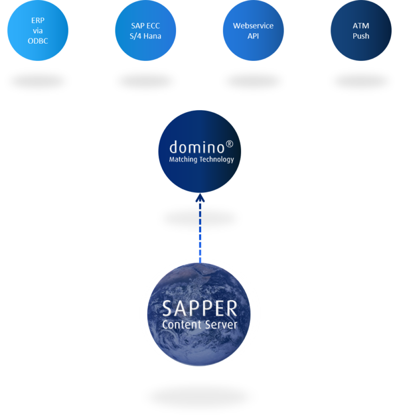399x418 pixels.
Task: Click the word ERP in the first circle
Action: [x=37, y=20]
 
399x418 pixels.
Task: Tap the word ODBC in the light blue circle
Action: [x=37, y=41]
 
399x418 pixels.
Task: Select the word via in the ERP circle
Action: [x=37, y=31]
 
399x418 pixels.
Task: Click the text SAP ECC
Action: [x=145, y=26]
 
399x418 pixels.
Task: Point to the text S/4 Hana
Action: [x=145, y=36]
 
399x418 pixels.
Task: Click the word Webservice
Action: [x=253, y=25]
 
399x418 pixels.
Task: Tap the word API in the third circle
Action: [x=253, y=36]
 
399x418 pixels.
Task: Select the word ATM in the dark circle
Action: [x=361, y=25]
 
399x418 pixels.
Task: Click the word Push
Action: [x=361, y=36]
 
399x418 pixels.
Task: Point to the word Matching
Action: [x=183, y=160]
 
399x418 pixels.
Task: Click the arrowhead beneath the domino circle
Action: [x=200, y=198]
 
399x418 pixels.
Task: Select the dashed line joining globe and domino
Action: [x=200, y=231]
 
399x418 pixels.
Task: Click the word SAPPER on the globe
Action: [x=199, y=309]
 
